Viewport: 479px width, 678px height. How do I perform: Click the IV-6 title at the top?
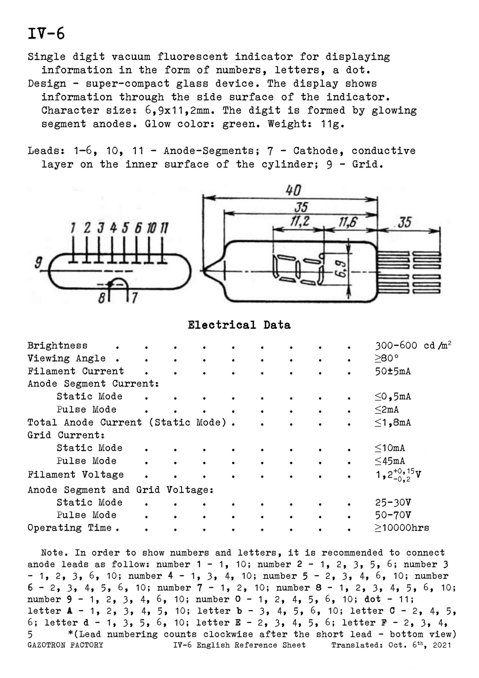tap(46, 34)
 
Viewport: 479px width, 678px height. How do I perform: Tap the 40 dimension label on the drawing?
tap(293, 190)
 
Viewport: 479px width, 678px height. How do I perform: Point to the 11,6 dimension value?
tap(348, 222)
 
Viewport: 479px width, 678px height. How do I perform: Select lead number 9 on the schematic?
tap(38, 262)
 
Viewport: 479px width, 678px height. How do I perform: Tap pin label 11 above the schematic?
tap(164, 228)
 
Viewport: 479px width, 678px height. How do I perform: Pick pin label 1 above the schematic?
tap(73, 228)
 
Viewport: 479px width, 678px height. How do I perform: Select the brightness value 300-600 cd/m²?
tap(413, 346)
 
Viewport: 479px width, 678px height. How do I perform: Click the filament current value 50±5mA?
tap(393, 371)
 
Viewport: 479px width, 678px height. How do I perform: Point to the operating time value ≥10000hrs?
tap(402, 528)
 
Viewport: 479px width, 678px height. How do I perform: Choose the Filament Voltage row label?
tap(75, 475)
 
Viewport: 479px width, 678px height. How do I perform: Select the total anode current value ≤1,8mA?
tap(393, 423)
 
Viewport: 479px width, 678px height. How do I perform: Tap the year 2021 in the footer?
tap(442, 645)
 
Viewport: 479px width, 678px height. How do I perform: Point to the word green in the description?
tap(241, 124)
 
